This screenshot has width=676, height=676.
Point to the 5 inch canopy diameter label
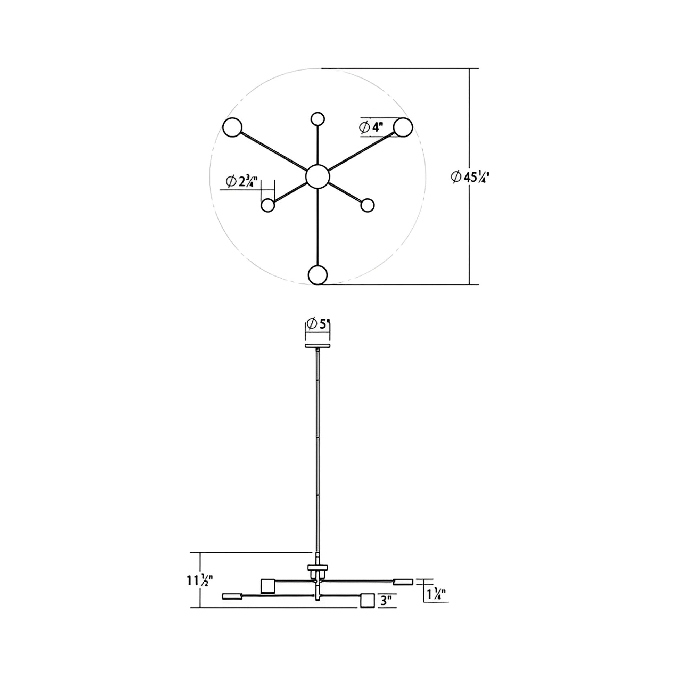tap(318, 324)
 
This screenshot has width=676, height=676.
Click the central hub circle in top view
tap(318, 177)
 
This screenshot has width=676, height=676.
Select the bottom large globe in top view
tap(318, 275)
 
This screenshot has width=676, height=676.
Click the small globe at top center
tap(318, 118)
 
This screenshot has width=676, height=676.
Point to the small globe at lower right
tap(367, 205)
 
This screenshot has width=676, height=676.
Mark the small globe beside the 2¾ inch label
tap(268, 205)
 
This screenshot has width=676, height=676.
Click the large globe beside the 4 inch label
tap(403, 127)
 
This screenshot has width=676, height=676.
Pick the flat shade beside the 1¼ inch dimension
tap(403, 582)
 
